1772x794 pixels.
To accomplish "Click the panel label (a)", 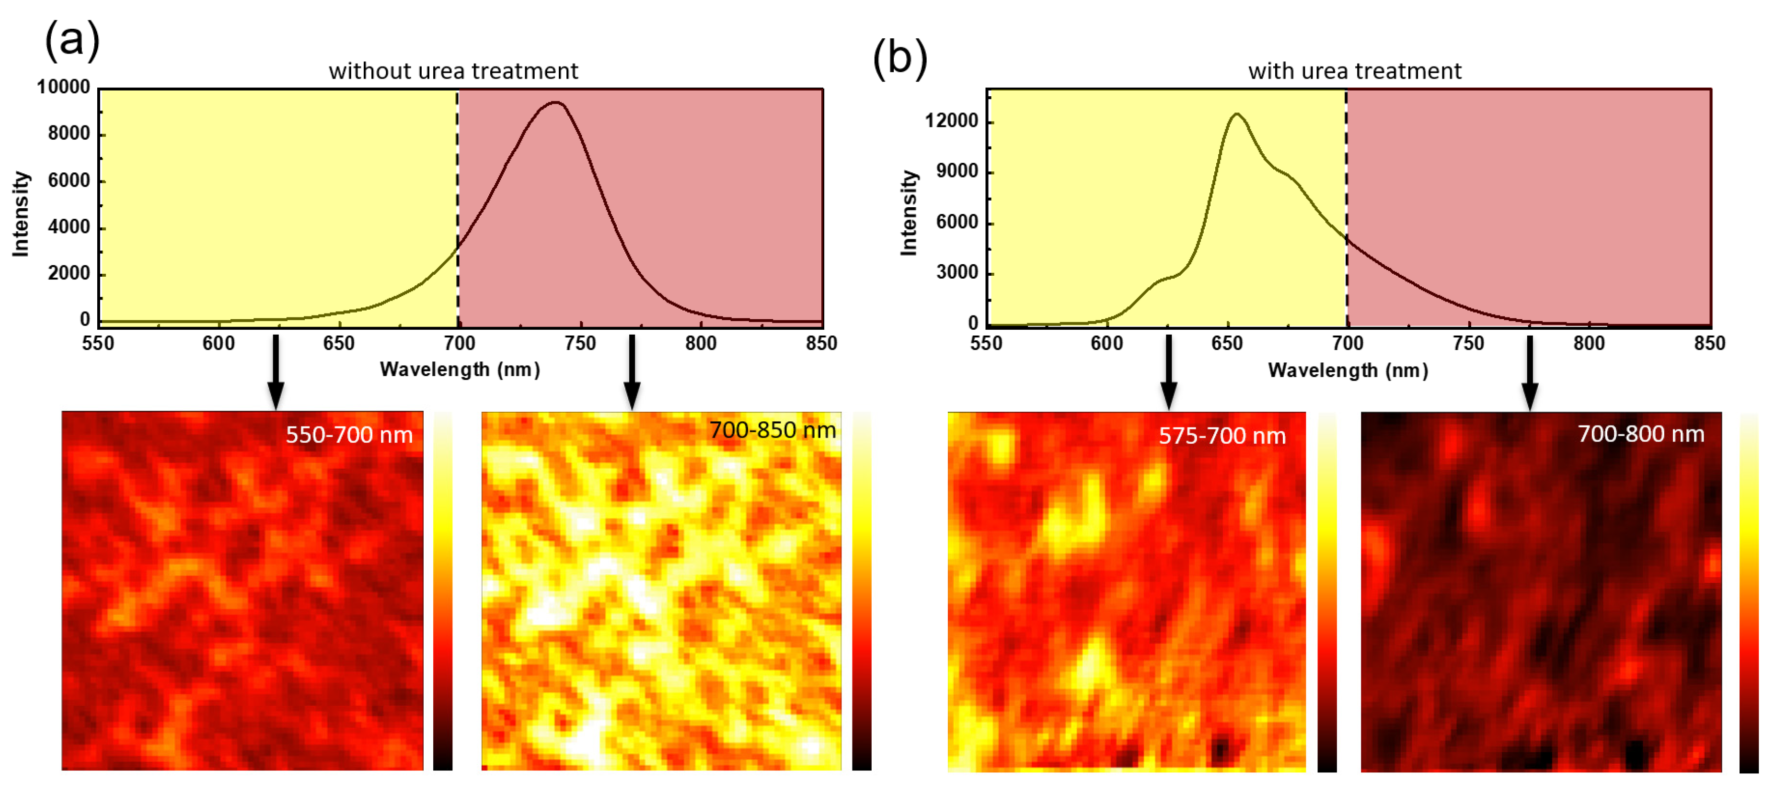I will [x=72, y=39].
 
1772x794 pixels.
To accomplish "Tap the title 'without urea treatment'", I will [x=453, y=71].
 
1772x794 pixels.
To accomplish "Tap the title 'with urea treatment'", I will [x=1354, y=71].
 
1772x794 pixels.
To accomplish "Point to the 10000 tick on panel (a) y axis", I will [x=63, y=87].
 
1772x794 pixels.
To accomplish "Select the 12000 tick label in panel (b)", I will [x=951, y=120].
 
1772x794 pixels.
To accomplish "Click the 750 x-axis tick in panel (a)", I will [x=580, y=343].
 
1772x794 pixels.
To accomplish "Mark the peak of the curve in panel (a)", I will [x=556, y=102].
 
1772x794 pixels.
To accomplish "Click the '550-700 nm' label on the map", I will [x=349, y=435].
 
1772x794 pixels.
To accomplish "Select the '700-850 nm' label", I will [x=772, y=430].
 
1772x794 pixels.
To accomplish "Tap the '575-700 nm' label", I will [x=1222, y=436].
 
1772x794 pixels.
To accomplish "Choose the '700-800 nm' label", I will [x=1640, y=434].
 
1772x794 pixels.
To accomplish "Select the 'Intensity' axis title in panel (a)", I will [x=21, y=213].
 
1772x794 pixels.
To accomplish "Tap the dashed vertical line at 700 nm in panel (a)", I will [x=457, y=206].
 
